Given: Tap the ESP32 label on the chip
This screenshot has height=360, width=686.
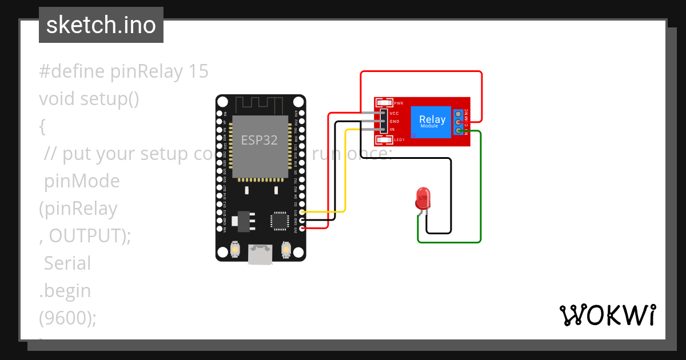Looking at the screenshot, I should [x=259, y=141].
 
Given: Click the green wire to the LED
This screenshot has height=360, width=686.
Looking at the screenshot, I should [x=480, y=189].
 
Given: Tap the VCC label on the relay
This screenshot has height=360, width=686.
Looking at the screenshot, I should [x=394, y=114].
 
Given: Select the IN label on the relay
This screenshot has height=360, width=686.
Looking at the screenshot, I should [x=392, y=130].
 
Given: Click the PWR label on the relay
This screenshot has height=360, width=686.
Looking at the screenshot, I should [x=398, y=103].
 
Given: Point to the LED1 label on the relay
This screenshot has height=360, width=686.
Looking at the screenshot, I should [x=399, y=139].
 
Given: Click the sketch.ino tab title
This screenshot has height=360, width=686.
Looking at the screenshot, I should [x=101, y=25].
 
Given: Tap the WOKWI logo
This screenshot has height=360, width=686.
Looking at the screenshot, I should [x=607, y=315].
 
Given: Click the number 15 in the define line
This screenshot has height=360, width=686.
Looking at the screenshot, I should [x=198, y=71].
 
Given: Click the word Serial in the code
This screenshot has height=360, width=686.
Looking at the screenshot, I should [x=67, y=263].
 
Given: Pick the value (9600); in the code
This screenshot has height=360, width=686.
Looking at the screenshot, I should [x=67, y=318].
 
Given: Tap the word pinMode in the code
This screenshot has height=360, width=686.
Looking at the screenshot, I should [x=82, y=181].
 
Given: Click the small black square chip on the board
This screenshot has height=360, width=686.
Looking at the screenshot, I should [x=280, y=221].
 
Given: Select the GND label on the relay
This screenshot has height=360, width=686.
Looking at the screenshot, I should [x=394, y=122].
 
